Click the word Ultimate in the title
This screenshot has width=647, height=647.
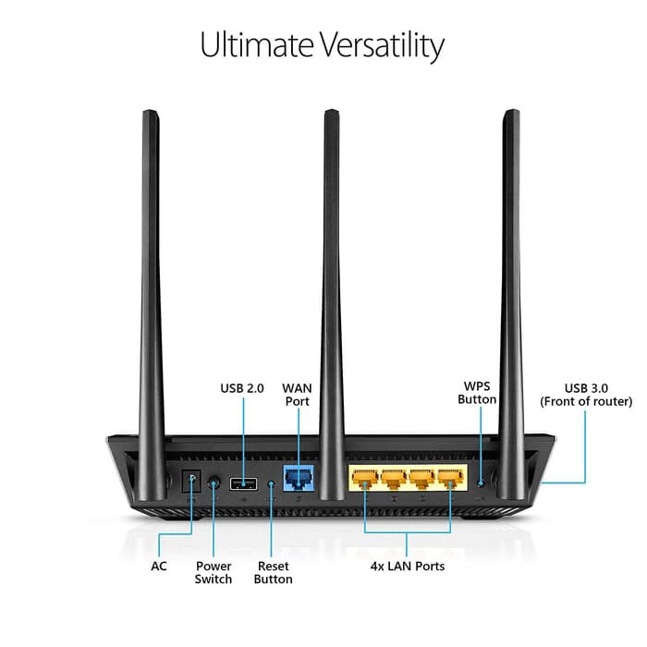tap(251, 45)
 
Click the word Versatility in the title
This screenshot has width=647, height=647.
tap(377, 45)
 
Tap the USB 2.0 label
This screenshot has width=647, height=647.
tap(243, 389)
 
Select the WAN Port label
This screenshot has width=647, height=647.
tap(297, 395)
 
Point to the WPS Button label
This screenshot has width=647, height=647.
tap(477, 392)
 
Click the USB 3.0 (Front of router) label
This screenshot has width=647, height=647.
tap(586, 395)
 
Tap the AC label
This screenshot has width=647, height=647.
tap(160, 566)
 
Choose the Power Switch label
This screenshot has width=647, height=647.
tap(214, 572)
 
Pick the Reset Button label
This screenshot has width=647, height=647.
tap(273, 572)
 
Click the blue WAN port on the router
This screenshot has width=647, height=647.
tap(297, 480)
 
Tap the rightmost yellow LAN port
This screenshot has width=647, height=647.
tap(450, 480)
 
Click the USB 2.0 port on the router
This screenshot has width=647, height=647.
tap(243, 482)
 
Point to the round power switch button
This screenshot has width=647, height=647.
tap(214, 482)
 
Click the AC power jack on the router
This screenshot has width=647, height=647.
tap(191, 482)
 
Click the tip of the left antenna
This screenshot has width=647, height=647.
tap(148, 115)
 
